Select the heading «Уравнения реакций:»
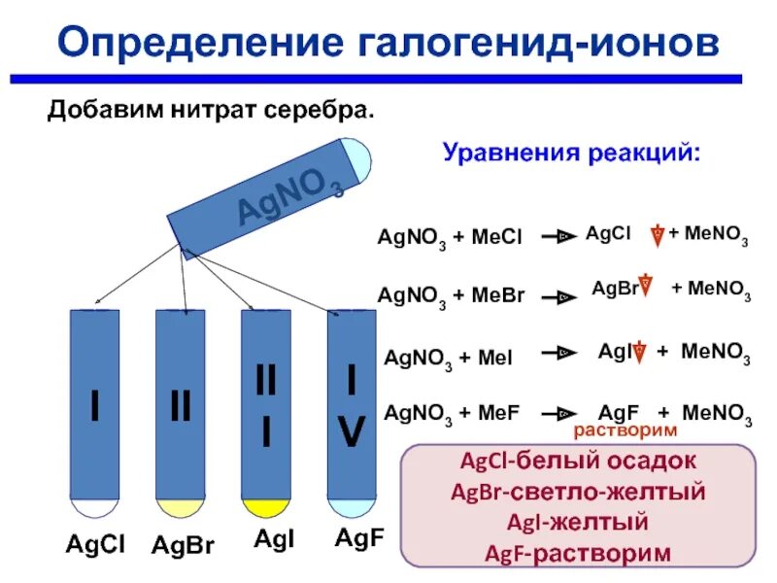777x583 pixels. click(x=571, y=153)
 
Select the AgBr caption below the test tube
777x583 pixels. click(x=182, y=545)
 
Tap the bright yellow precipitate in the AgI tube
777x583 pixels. click(x=266, y=508)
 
